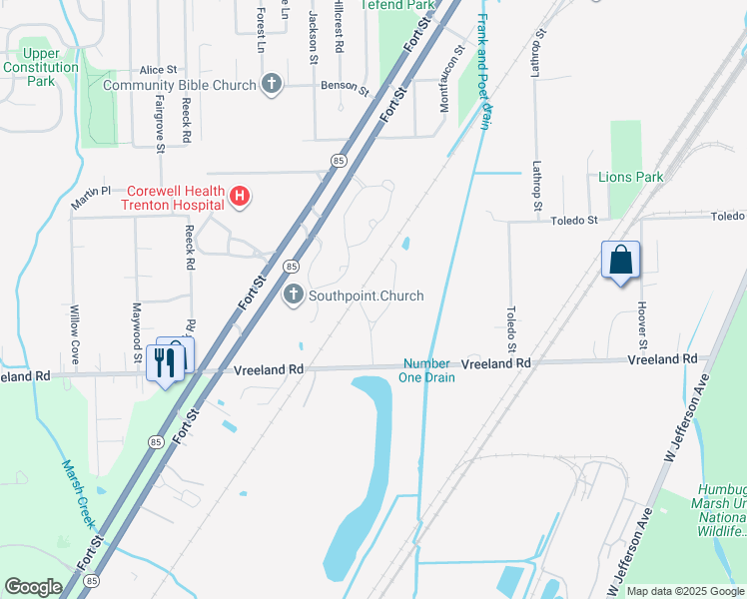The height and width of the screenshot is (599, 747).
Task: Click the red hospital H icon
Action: pyautogui.click(x=240, y=197)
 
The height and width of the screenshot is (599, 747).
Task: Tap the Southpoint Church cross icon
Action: pyautogui.click(x=294, y=296)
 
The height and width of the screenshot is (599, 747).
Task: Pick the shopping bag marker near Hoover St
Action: pyautogui.click(x=620, y=261)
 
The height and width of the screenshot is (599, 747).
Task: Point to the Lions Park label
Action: pyautogui.click(x=630, y=177)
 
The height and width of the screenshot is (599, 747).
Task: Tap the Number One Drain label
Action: pyautogui.click(x=428, y=370)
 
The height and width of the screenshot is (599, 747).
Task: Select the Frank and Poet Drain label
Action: pyautogui.click(x=483, y=70)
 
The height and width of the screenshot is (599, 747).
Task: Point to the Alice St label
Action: pyautogui.click(x=158, y=70)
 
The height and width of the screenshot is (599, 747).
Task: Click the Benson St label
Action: pyautogui.click(x=345, y=88)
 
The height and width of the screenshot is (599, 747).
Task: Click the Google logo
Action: pyautogui.click(x=33, y=587)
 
